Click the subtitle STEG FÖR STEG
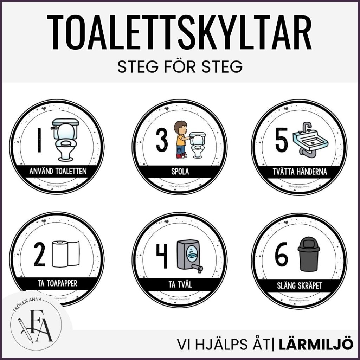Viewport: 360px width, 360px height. tap(180, 67)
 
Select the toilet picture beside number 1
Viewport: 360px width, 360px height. tap(65, 140)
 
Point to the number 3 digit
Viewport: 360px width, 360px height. tap(162, 141)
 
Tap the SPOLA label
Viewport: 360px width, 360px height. tap(180, 172)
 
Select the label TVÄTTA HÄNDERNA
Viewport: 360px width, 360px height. tap(299, 172)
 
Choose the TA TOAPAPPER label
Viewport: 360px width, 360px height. tap(57, 283)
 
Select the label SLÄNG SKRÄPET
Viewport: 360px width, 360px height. tap(299, 285)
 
